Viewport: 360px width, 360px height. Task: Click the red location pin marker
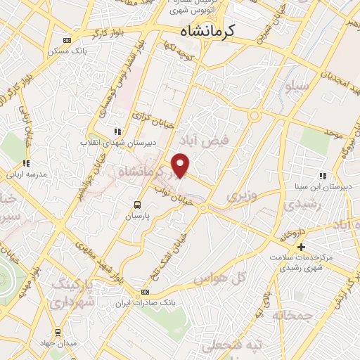(181, 165)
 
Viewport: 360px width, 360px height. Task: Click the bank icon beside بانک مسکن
(66, 41)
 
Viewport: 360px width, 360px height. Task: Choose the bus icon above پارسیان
(138, 205)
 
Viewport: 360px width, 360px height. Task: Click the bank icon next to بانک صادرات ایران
(145, 292)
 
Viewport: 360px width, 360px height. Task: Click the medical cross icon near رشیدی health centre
(301, 247)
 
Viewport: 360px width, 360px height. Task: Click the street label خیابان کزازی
(148, 121)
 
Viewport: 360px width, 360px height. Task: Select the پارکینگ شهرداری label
(70, 295)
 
